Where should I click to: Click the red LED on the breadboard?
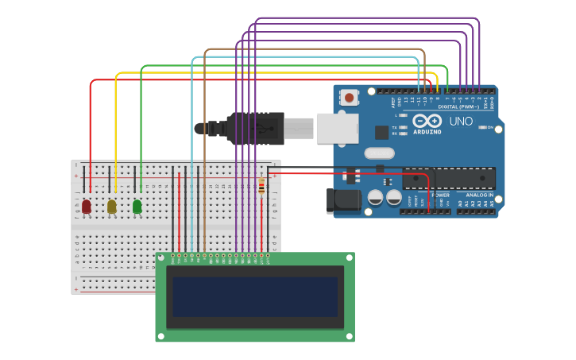pyautogui.click(x=87, y=207)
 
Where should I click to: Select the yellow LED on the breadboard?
pyautogui.click(x=112, y=207)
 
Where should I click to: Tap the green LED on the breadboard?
pyautogui.click(x=137, y=207)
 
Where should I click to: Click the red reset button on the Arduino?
pyautogui.click(x=348, y=98)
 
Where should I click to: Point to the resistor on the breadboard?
pyautogui.click(x=261, y=186)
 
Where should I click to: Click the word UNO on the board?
pyautogui.click(x=461, y=122)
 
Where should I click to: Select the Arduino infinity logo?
pyautogui.click(x=427, y=121)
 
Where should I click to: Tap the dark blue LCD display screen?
pyautogui.click(x=255, y=296)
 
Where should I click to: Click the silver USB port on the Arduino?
pyautogui.click(x=337, y=128)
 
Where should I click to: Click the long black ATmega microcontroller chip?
pyautogui.click(x=449, y=179)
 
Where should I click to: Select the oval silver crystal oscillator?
pyautogui.click(x=379, y=153)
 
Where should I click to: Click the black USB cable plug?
pyautogui.click(x=254, y=128)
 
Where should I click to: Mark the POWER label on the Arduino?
pyautogui.click(x=440, y=195)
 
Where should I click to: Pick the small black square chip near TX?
pyautogui.click(x=382, y=133)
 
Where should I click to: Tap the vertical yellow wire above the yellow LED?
pyautogui.click(x=116, y=127)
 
